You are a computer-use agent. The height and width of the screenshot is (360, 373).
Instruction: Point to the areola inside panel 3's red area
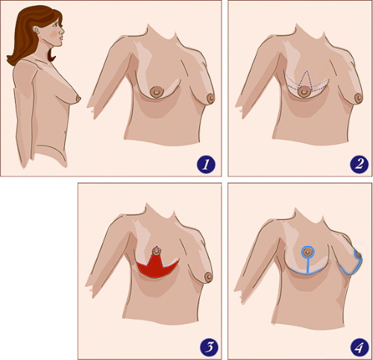157,251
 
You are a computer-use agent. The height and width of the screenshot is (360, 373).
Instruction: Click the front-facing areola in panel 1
157,92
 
